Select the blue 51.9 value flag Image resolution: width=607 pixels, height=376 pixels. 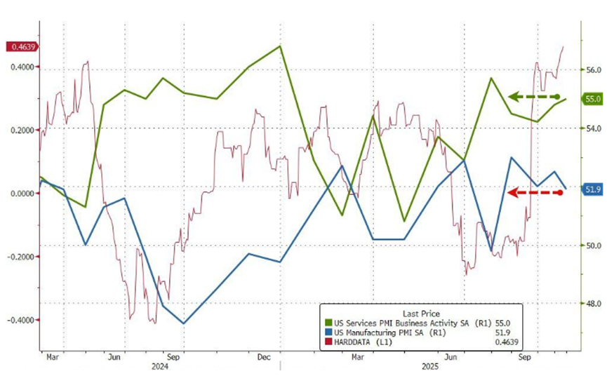[x=593, y=189]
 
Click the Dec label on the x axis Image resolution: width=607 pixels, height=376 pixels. [x=265, y=357]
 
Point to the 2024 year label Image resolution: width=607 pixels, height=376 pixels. [x=160, y=366]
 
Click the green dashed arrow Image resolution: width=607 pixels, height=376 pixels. [x=534, y=96]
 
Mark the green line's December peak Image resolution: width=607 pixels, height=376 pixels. [x=280, y=46]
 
